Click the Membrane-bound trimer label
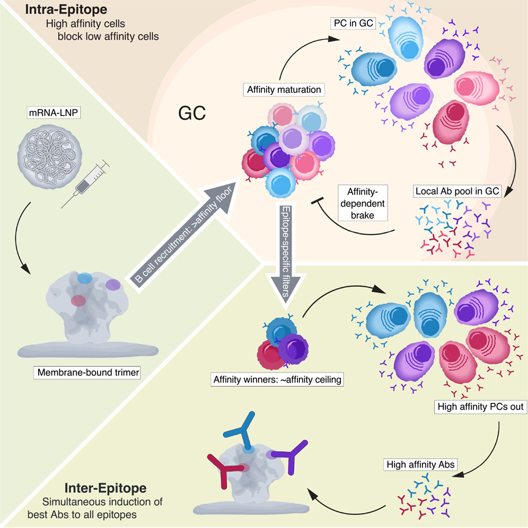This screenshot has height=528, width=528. [88, 373]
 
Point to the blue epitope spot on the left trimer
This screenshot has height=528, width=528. [84, 277]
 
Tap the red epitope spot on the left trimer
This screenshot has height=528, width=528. [78, 301]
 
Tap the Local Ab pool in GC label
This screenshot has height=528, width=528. [456, 191]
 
